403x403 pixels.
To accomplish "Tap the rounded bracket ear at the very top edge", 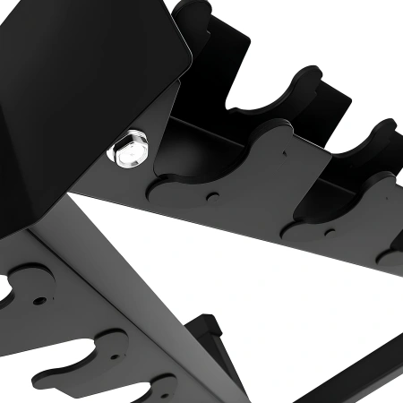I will tap(193, 11).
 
